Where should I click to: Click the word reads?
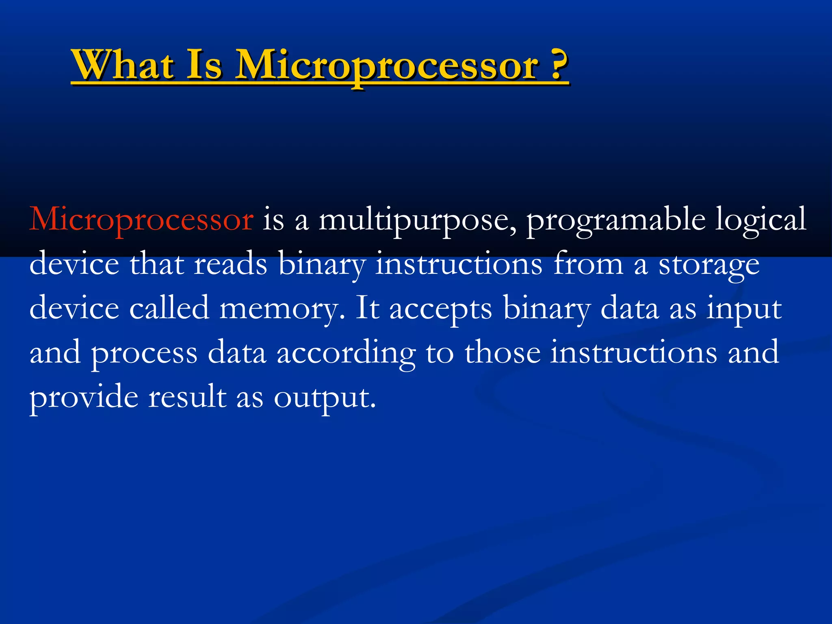[x=230, y=264]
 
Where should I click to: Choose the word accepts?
[x=440, y=309]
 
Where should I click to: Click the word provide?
[x=84, y=397]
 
